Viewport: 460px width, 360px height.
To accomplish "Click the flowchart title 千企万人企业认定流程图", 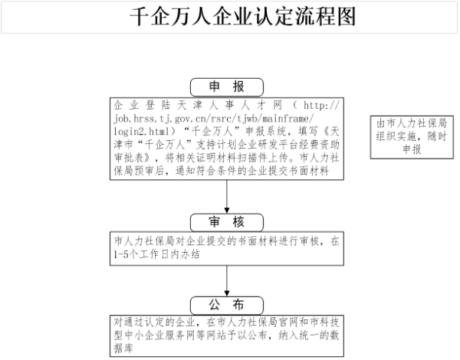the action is click(x=243, y=16).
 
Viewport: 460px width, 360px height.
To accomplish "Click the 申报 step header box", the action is click(x=227, y=87).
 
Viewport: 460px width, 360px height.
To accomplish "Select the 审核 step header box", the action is click(x=227, y=222).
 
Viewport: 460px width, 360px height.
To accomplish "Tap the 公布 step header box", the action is click(x=227, y=306).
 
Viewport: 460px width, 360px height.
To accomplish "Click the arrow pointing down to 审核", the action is click(x=227, y=196).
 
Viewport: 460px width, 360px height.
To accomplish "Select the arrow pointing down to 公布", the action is click(x=227, y=281).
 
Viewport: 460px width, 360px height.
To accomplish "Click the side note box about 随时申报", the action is click(x=412, y=137).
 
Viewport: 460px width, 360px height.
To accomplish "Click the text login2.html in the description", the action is click(x=142, y=131).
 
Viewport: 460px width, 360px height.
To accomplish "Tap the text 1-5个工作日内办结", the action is click(x=157, y=254).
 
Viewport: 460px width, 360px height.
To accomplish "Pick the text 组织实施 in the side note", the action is click(x=396, y=136).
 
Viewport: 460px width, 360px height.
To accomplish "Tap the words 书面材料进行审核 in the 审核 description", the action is click(x=278, y=241).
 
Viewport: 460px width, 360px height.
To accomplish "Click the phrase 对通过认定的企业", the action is click(x=155, y=322).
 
